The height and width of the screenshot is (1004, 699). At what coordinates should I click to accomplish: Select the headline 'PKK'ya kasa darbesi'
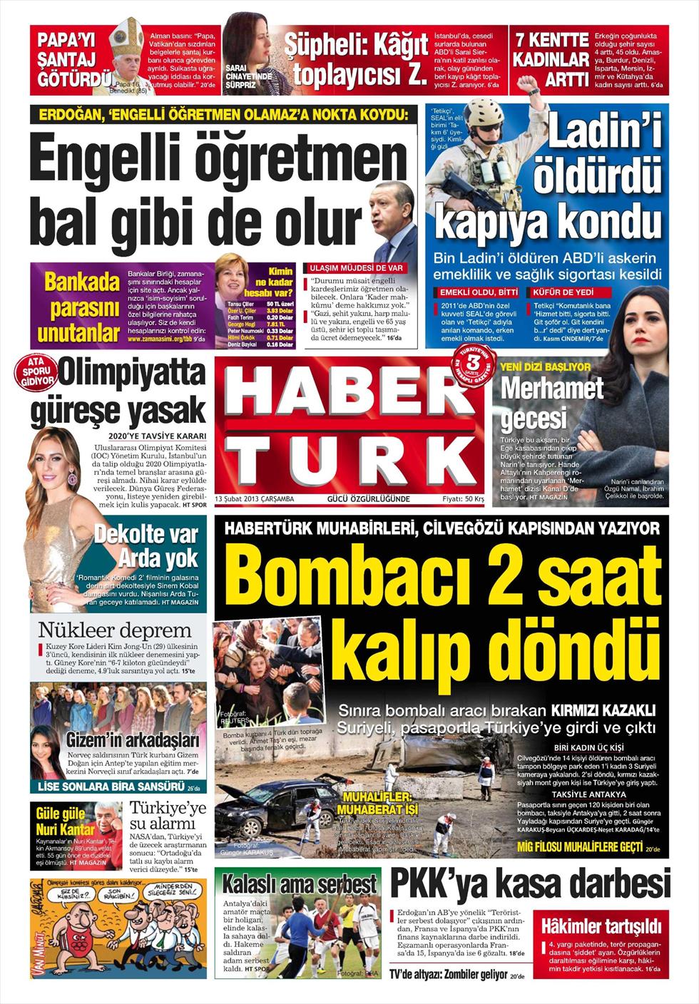pyautogui.click(x=530, y=886)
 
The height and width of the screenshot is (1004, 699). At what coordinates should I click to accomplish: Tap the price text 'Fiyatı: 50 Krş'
pyautogui.click(x=463, y=498)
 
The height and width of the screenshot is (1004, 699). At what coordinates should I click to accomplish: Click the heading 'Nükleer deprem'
pyautogui.click(x=115, y=630)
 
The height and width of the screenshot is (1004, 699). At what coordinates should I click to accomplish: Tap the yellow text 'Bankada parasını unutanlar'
pyautogui.click(x=78, y=307)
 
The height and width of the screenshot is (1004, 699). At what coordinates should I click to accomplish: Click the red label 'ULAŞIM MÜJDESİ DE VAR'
pyautogui.click(x=356, y=267)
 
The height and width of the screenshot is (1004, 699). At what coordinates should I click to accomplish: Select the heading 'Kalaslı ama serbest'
pyautogui.click(x=300, y=885)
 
